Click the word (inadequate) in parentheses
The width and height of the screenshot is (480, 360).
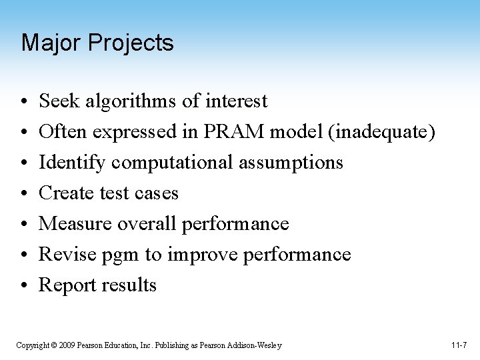[381, 133]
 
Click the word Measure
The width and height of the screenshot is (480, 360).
[75, 224]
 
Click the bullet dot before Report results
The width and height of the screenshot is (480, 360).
[23, 286]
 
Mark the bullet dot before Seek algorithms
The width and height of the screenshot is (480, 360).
[23, 102]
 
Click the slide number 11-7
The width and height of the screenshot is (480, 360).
[459, 345]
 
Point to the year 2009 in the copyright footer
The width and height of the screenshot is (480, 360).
[66, 345]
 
